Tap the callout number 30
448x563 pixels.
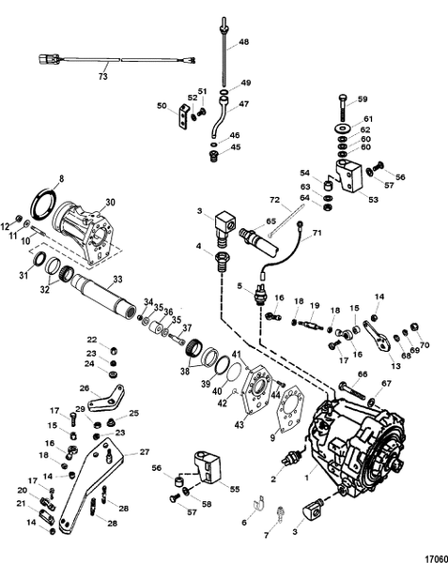[110, 203]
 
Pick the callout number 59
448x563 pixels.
[363, 99]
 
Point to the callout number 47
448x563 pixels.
[243, 104]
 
